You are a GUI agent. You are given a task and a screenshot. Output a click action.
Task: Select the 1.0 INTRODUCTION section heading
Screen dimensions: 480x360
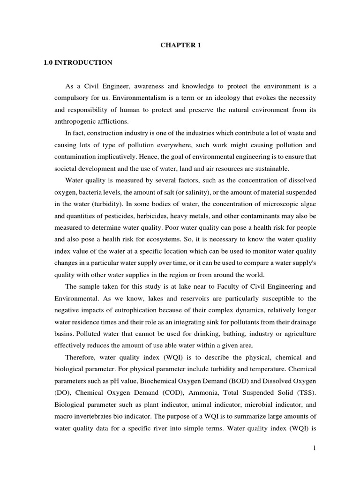click(78, 62)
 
